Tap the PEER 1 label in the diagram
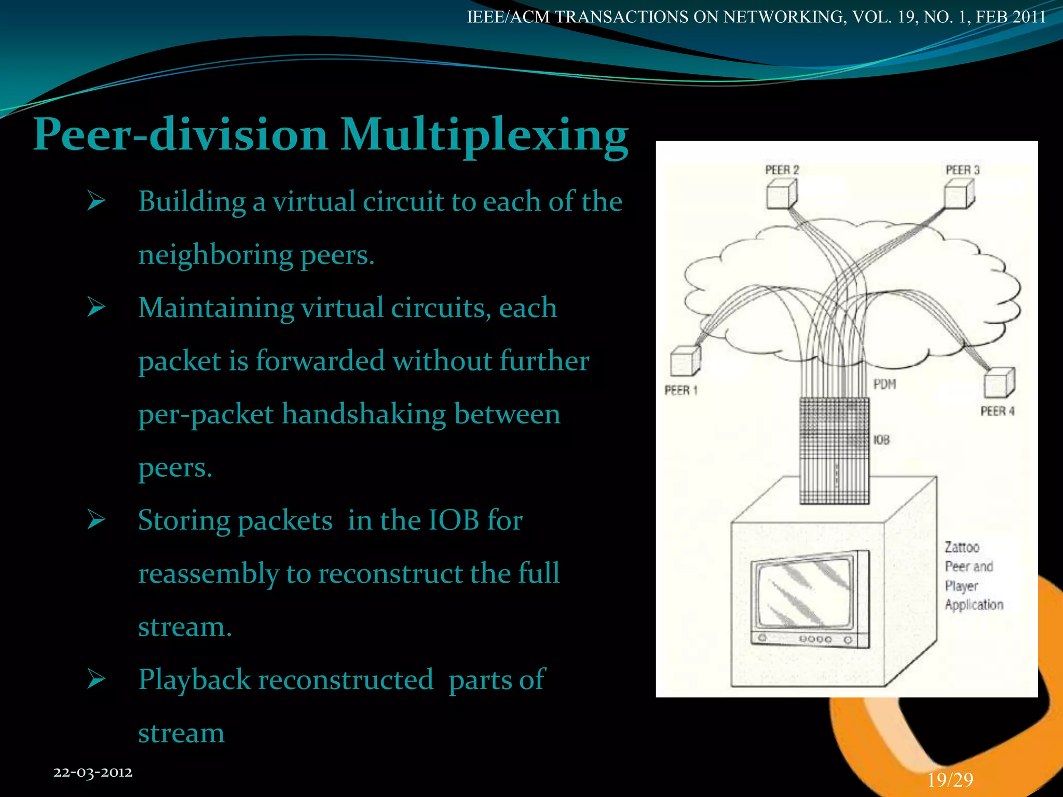click(680, 390)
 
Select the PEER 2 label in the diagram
click(782, 170)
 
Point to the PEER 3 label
click(962, 170)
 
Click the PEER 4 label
click(997, 411)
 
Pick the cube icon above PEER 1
click(685, 361)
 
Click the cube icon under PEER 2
click(781, 195)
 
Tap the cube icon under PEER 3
click(959, 195)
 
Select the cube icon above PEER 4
click(999, 383)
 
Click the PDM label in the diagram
click(884, 384)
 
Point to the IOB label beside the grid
click(881, 440)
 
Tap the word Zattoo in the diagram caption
click(962, 547)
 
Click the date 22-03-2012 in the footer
click(93, 772)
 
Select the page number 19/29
click(950, 780)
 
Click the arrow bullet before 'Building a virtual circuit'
click(97, 200)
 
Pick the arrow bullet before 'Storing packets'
click(97, 519)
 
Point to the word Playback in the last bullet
click(194, 680)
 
